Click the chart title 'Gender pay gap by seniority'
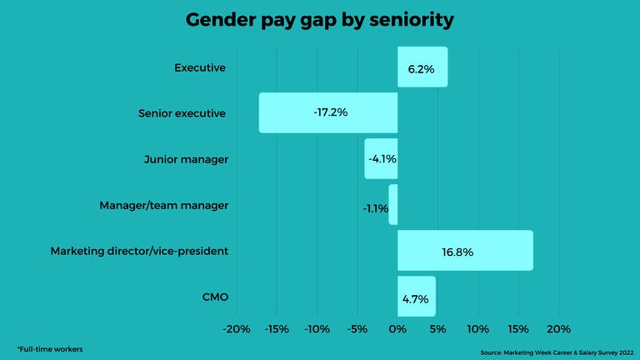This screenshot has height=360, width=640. [x=320, y=20]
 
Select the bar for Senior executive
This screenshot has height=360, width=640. [x=328, y=112]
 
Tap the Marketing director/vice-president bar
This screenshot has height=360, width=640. [x=465, y=250]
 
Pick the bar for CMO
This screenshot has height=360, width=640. [x=416, y=296]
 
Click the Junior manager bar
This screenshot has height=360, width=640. [x=381, y=158]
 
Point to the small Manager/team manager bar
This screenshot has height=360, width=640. [x=393, y=204]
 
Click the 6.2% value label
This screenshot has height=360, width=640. [x=421, y=69]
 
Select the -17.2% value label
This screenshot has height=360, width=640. [x=329, y=112]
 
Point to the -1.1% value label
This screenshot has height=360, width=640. [x=375, y=208]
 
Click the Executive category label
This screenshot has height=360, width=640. [x=200, y=67]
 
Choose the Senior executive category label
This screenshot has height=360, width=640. [x=181, y=113]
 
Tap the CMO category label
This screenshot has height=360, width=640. [x=214, y=297]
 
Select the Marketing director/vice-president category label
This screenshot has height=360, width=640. [x=139, y=251]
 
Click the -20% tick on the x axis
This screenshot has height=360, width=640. [x=237, y=328]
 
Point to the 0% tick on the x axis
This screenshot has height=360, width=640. [x=397, y=328]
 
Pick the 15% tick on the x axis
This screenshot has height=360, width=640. [x=518, y=328]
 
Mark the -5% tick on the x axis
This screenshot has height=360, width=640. [x=357, y=328]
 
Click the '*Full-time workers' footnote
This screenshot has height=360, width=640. [x=50, y=347]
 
